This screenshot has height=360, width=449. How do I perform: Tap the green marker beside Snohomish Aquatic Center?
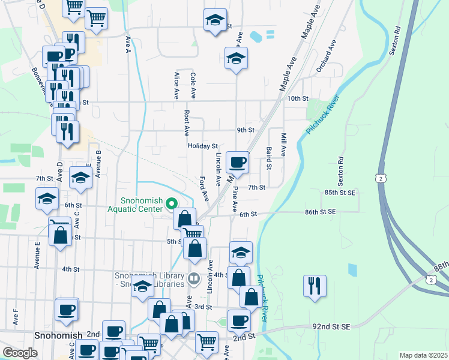click(172, 204)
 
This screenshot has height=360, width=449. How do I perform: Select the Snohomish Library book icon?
click(193, 278)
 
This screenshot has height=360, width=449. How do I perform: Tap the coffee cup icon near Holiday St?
click(238, 162)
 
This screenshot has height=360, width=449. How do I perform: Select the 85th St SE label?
click(340, 193)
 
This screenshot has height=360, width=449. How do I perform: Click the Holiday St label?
click(202, 146)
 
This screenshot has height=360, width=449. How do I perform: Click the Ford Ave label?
click(205, 188)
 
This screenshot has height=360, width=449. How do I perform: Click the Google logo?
click(20, 353)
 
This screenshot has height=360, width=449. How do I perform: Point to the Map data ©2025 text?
click(423, 355)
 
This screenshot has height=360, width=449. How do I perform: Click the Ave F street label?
click(16, 315)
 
